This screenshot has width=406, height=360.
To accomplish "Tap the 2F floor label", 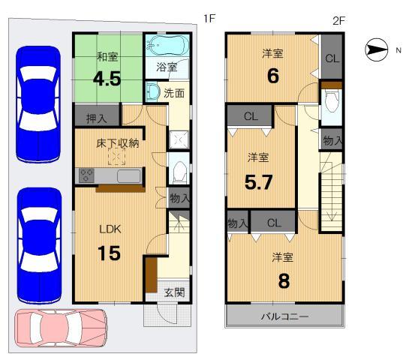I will tap(338, 20).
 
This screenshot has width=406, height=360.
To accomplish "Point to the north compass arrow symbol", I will tap(376, 49).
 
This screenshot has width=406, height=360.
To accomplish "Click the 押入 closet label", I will tap(94, 118).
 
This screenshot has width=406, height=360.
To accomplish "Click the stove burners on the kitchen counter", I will tap(87, 176).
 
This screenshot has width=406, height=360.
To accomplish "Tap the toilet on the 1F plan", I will tap(179, 172).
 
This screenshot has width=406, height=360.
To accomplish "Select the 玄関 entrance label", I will tap(174, 292).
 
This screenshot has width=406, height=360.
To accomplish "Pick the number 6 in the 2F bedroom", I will tap(272, 76).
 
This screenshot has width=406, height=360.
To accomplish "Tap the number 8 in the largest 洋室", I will tap(284, 280).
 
